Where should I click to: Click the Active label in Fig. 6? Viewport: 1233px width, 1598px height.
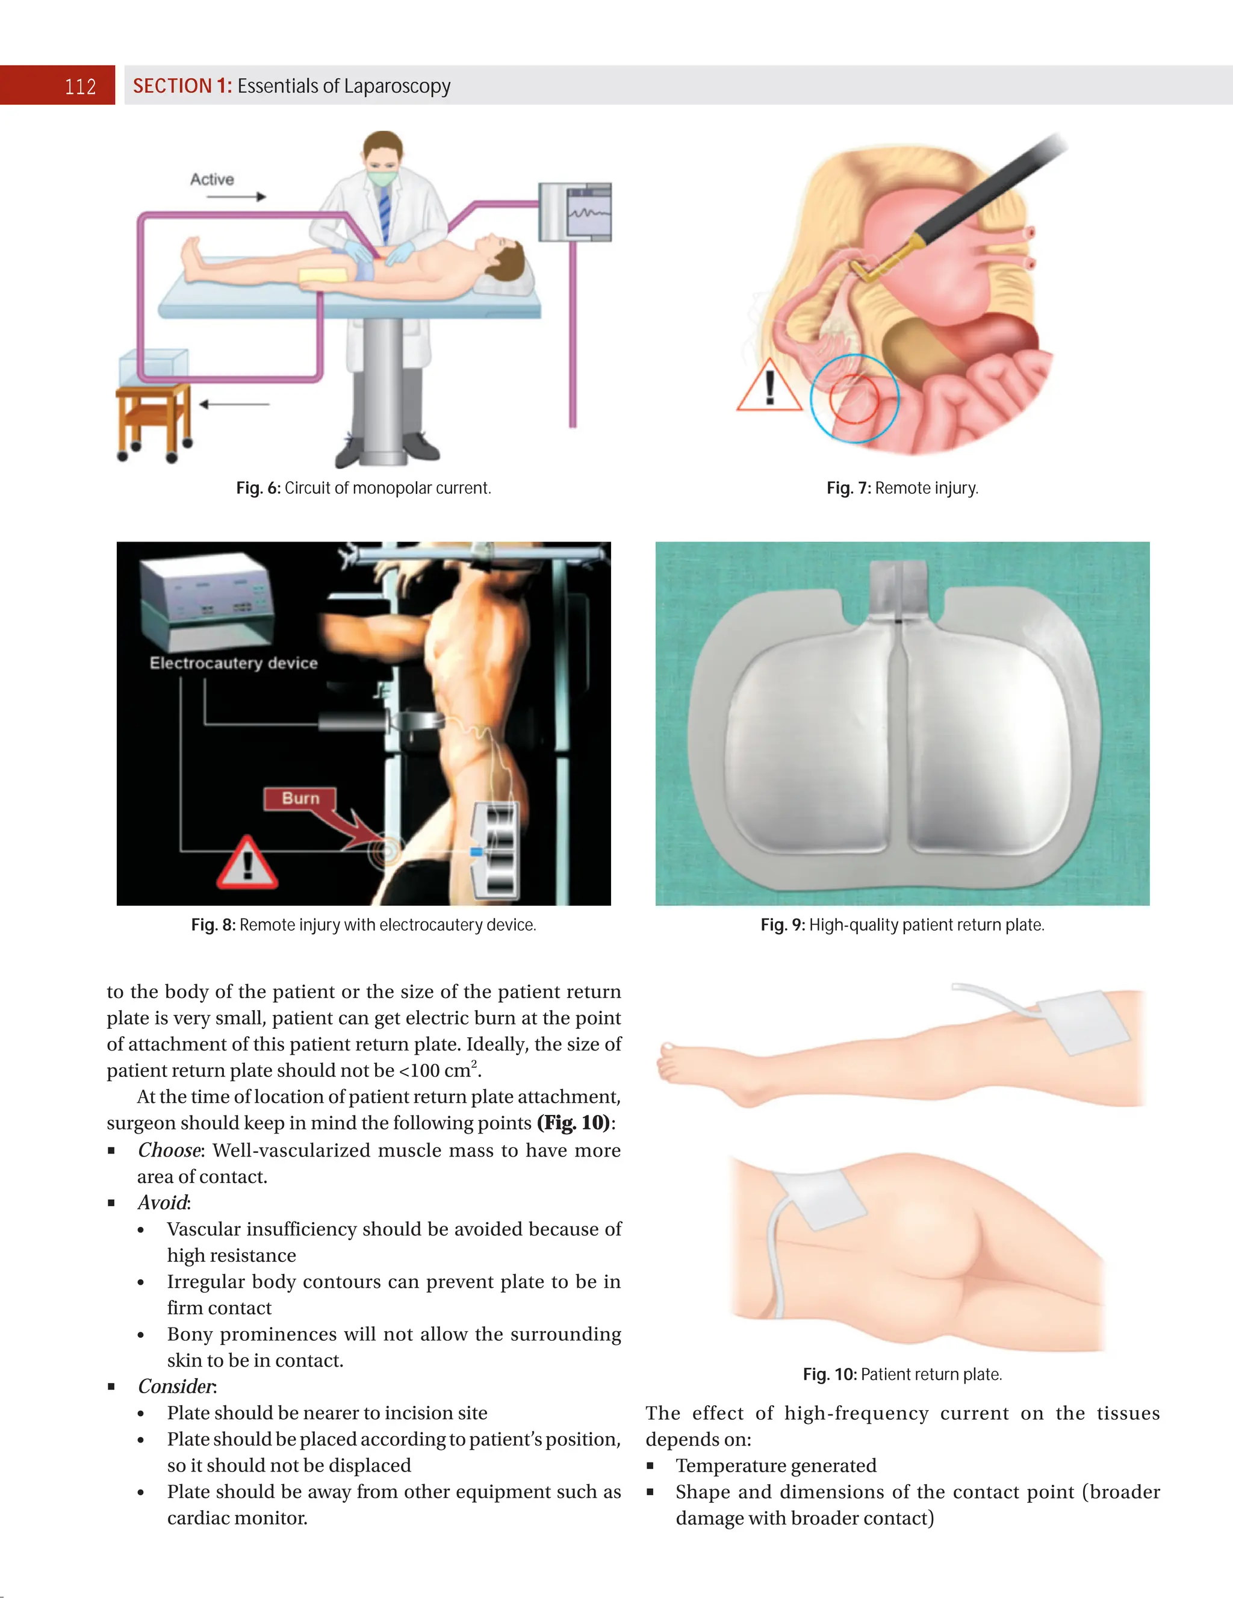212,179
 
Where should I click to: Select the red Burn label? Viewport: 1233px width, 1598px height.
300,798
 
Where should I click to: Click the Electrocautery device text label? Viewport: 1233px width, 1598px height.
233,663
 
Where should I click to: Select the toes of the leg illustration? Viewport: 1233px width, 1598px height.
668,1062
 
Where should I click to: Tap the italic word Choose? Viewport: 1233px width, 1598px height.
169,1150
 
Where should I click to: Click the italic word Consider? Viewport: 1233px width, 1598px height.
176,1387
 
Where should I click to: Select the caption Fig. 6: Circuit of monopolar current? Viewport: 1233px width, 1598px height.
364,488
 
